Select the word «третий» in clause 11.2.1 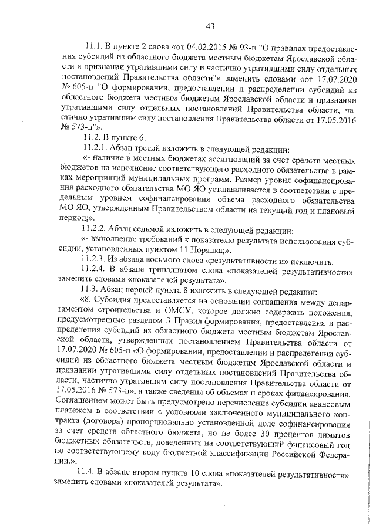[159, 149]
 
